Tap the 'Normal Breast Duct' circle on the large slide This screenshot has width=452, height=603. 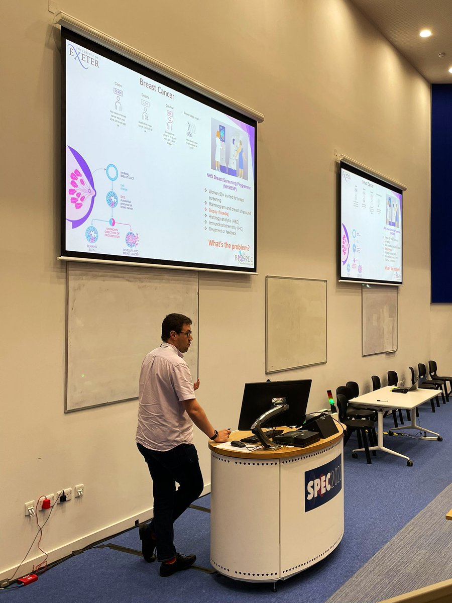click(x=111, y=172)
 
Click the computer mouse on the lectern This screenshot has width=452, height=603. click(x=237, y=444)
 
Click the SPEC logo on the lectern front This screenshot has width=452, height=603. click(x=323, y=482)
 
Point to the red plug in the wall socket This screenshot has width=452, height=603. click(x=46, y=503)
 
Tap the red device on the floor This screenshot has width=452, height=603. click(x=27, y=579)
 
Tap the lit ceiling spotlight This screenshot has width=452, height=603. click(x=425, y=33)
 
